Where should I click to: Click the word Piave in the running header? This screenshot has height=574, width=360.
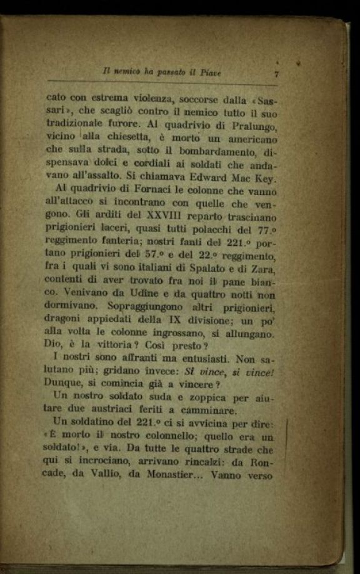tap(211, 73)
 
